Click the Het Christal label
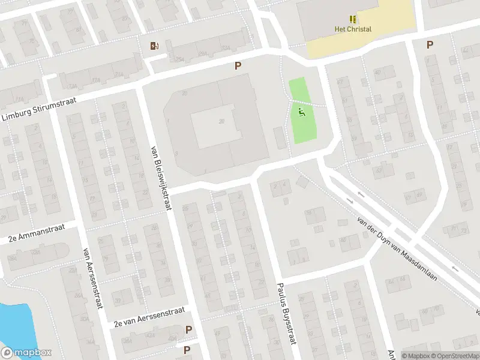point(353,29)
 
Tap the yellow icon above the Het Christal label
point(353,19)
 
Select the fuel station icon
point(155,46)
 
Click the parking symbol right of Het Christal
point(430,44)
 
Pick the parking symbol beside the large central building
point(238,66)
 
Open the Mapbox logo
point(26,353)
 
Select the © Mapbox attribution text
point(416,356)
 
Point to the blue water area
point(12,324)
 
